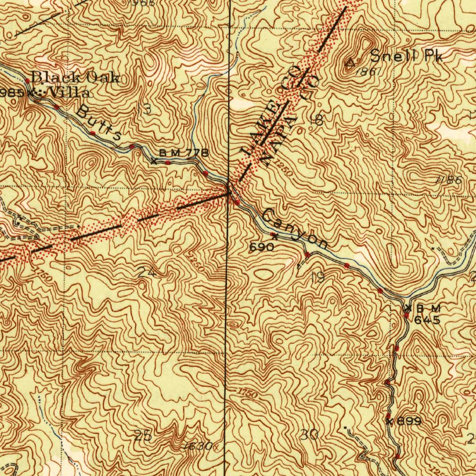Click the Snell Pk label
pyautogui.click(x=407, y=57)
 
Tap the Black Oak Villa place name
pyautogui.click(x=74, y=85)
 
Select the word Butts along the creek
pyautogui.click(x=99, y=123)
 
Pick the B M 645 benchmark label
pyautogui.click(x=427, y=314)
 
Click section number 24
pyautogui.click(x=146, y=273)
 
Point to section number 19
pyautogui.click(x=318, y=278)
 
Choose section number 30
pyautogui.click(x=309, y=435)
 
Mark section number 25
pyautogui.click(x=142, y=436)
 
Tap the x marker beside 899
pyautogui.click(x=390, y=422)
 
